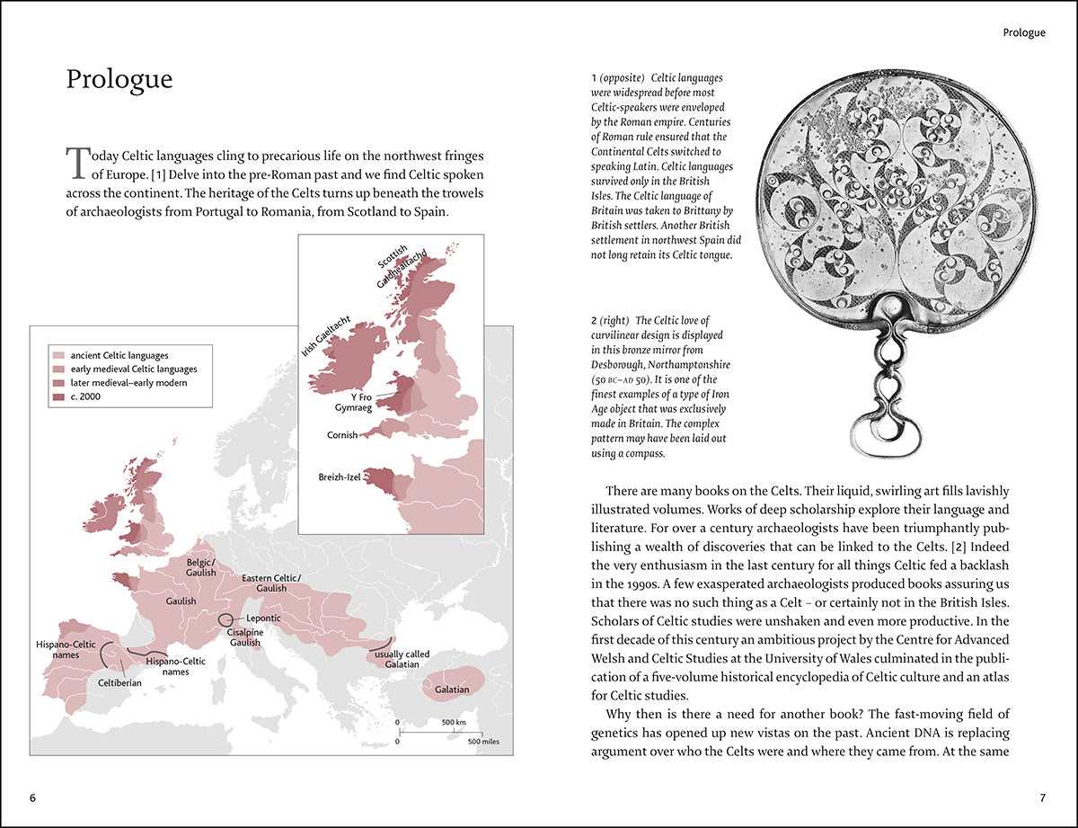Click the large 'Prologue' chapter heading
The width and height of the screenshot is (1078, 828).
[119, 79]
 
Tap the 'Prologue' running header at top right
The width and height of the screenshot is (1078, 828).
[1023, 33]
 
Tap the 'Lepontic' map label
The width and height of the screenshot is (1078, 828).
[262, 619]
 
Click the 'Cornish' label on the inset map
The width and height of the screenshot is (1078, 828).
[341, 435]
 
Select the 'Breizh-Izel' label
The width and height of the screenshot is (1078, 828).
[340, 477]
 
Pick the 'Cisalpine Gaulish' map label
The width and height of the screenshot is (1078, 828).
[243, 637]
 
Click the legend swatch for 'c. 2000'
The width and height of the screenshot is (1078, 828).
[59, 396]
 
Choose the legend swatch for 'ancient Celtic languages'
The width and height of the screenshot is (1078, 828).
[59, 356]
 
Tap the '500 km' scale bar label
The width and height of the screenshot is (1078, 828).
[453, 723]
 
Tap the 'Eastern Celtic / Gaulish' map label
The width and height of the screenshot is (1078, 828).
[271, 583]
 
